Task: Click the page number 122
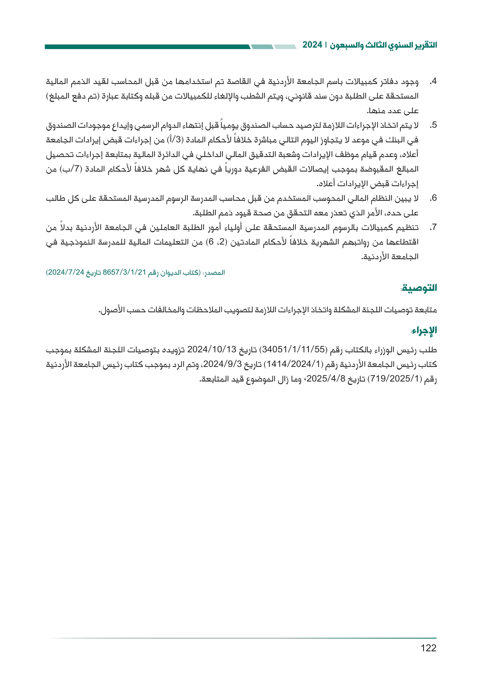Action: [428, 648]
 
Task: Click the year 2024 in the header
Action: [312, 45]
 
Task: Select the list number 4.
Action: [433, 81]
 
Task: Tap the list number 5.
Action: [433, 125]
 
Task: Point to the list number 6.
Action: [433, 198]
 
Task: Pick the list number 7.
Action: [433, 227]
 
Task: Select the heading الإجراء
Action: [423, 331]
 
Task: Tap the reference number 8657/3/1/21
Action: [124, 272]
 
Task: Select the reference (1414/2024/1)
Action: [293, 364]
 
